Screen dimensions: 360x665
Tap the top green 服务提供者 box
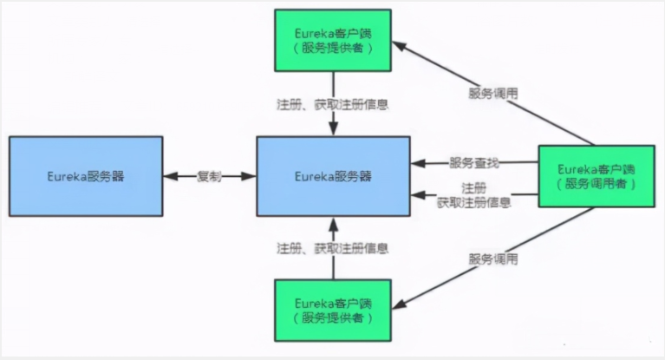point(331,41)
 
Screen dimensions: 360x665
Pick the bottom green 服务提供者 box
point(331,310)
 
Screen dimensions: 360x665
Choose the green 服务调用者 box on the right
point(597,176)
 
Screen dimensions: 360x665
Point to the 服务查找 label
point(473,162)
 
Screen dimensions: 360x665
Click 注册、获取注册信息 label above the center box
point(331,104)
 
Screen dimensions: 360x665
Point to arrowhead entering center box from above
point(331,129)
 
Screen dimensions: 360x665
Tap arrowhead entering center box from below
point(331,223)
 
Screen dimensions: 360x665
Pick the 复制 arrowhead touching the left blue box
point(171,176)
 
